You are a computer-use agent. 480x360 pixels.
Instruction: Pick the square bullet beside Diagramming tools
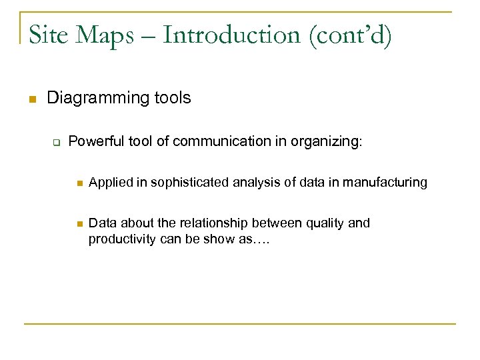tap(31, 99)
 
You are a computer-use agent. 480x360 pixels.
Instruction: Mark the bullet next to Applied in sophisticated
tap(78, 183)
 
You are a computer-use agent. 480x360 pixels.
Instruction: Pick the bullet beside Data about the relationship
tap(78, 224)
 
